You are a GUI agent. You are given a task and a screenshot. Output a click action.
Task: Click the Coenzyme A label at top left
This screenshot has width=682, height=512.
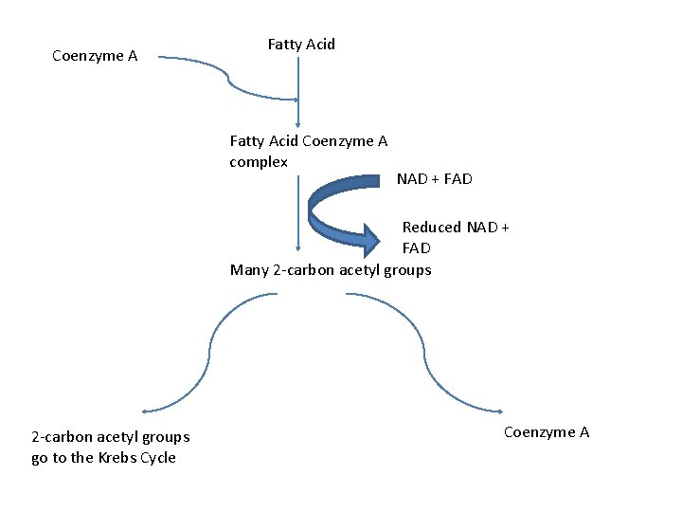[x=95, y=56]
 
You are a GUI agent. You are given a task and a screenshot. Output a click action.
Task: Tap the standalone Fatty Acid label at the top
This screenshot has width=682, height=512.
[x=301, y=45]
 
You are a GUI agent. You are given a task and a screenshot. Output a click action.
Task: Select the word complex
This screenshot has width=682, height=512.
[x=259, y=162]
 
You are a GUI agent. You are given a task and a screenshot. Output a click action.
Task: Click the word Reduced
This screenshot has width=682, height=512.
[x=432, y=228]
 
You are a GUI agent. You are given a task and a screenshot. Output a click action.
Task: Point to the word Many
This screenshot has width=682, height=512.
[x=249, y=270]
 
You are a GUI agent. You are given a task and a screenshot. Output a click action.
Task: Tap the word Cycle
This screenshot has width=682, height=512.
[x=157, y=458]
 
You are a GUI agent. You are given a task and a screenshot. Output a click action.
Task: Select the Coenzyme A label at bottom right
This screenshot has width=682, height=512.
[x=547, y=432]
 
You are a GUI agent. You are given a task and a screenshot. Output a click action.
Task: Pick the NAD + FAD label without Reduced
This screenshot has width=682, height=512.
[x=434, y=179]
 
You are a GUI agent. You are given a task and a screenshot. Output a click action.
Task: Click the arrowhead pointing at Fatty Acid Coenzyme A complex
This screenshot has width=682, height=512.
[x=298, y=123]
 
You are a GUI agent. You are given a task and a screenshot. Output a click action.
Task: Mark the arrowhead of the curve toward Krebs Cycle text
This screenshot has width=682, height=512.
[x=145, y=411]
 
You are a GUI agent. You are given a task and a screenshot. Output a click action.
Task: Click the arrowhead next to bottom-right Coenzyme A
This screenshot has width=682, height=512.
[x=499, y=411]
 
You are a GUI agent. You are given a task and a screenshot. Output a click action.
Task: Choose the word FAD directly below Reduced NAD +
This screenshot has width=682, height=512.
[x=416, y=248]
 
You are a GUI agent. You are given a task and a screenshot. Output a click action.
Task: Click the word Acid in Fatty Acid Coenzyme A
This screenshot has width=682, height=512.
[x=283, y=141]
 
